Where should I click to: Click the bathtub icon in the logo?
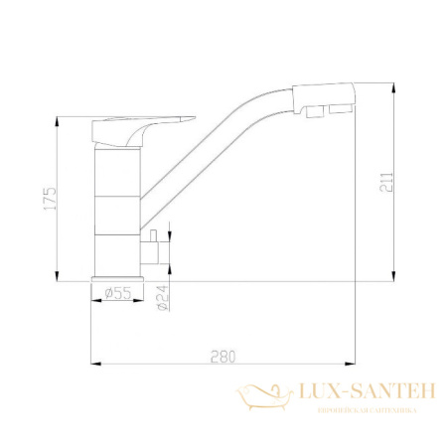coord(262,396)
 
